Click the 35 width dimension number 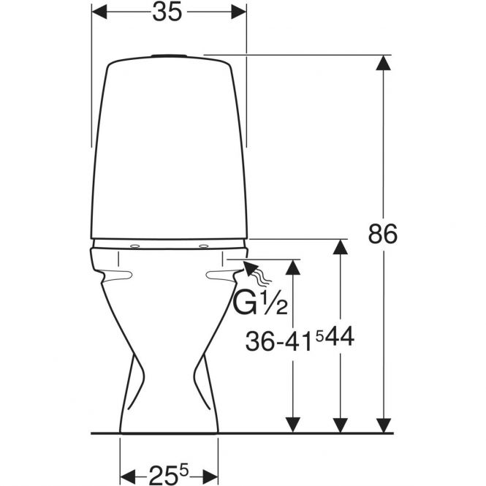pos(167,12)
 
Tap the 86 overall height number pos(382,234)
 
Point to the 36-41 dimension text pos(278,343)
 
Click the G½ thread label pos(260,304)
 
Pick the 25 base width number pos(164,475)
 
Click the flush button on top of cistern pos(169,56)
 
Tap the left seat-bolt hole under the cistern pos(134,246)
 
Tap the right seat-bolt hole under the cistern pos(204,246)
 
